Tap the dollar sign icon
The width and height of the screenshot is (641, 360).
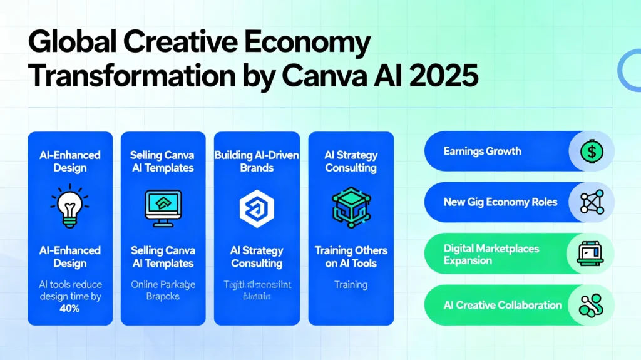click(x=591, y=151)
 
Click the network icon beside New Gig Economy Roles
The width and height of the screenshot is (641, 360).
click(x=591, y=203)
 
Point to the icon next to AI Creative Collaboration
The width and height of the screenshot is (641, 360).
click(x=591, y=306)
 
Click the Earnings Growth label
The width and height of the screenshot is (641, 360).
click(x=481, y=151)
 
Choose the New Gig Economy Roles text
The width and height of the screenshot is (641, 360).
click(x=500, y=202)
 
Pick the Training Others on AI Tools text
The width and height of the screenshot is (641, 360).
click(x=351, y=257)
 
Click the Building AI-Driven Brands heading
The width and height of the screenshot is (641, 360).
click(x=257, y=161)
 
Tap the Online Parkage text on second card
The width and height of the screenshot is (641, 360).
click(x=163, y=284)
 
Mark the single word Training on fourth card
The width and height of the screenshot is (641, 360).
click(x=351, y=284)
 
